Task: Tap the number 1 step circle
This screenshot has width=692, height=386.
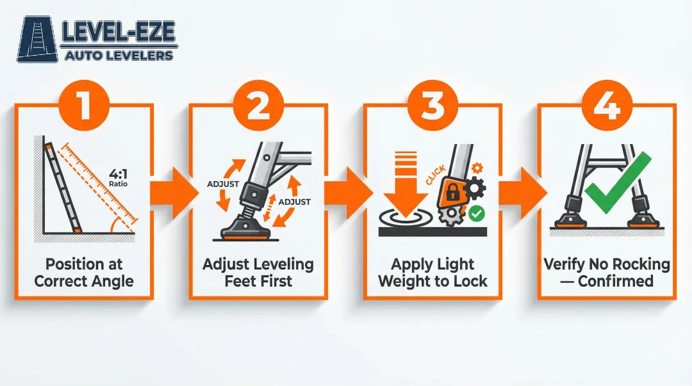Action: click(84, 105)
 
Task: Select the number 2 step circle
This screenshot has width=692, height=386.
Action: click(258, 105)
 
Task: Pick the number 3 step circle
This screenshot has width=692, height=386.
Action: click(432, 105)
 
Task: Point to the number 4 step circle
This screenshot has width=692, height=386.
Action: click(606, 105)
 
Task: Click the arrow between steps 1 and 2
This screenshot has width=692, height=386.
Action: click(171, 191)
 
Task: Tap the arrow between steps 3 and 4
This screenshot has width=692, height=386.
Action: click(520, 191)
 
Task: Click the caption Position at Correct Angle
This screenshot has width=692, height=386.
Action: click(84, 271)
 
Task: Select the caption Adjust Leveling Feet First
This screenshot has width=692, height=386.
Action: click(258, 271)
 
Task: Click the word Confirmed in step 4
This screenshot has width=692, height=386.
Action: click(615, 280)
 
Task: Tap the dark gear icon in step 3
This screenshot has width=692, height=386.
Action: click(475, 188)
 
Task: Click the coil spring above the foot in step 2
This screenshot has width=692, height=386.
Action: click(245, 206)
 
